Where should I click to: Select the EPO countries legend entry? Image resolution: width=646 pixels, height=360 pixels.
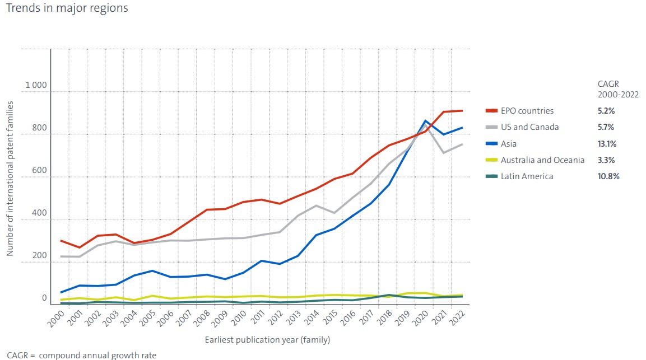(x=527, y=111)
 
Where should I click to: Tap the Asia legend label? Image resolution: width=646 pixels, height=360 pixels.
(x=509, y=144)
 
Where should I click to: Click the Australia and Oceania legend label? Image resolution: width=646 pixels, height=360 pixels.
(x=542, y=160)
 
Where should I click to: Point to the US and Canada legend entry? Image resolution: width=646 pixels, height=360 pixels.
(x=530, y=127)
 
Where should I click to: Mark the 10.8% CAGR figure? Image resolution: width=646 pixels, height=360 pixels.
(x=608, y=176)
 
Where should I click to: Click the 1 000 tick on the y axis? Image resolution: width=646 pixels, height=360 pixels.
(x=36, y=85)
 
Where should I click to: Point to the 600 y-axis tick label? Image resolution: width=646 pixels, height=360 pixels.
(x=39, y=171)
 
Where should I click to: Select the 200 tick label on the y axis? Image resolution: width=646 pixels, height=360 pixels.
(x=39, y=255)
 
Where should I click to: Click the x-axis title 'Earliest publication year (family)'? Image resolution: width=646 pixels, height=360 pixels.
(x=267, y=340)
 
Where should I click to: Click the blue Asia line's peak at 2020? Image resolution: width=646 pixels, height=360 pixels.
(x=426, y=121)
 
